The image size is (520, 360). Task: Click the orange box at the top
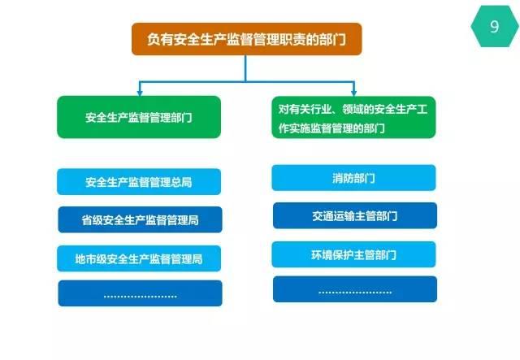pyautogui.click(x=246, y=39)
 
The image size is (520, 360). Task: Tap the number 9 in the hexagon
pyautogui.click(x=494, y=27)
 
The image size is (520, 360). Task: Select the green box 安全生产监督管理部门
pyautogui.click(x=139, y=117)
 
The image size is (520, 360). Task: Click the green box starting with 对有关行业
pyautogui.click(x=353, y=117)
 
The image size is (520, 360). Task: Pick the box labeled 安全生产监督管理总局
pyautogui.click(x=139, y=181)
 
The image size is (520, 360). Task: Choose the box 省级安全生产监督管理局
pyautogui.click(x=140, y=219)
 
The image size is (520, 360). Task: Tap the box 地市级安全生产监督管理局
pyautogui.click(x=139, y=258)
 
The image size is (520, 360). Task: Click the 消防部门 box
pyautogui.click(x=353, y=178)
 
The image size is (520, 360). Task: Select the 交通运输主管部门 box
pyautogui.click(x=355, y=215)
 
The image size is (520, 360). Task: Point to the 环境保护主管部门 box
pyautogui.click(x=353, y=254)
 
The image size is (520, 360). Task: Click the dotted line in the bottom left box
pyautogui.click(x=141, y=297)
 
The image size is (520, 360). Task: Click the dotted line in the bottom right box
pyautogui.click(x=355, y=293)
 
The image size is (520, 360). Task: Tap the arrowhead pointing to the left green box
pyautogui.click(x=140, y=93)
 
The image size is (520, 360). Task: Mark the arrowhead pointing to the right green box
pyautogui.click(x=353, y=93)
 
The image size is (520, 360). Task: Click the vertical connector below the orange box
pyautogui.click(x=245, y=68)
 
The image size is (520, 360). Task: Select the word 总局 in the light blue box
pyautogui.click(x=182, y=182)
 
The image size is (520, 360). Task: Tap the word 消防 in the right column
pyautogui.click(x=343, y=178)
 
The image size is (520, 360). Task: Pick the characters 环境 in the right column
pyautogui.click(x=322, y=255)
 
